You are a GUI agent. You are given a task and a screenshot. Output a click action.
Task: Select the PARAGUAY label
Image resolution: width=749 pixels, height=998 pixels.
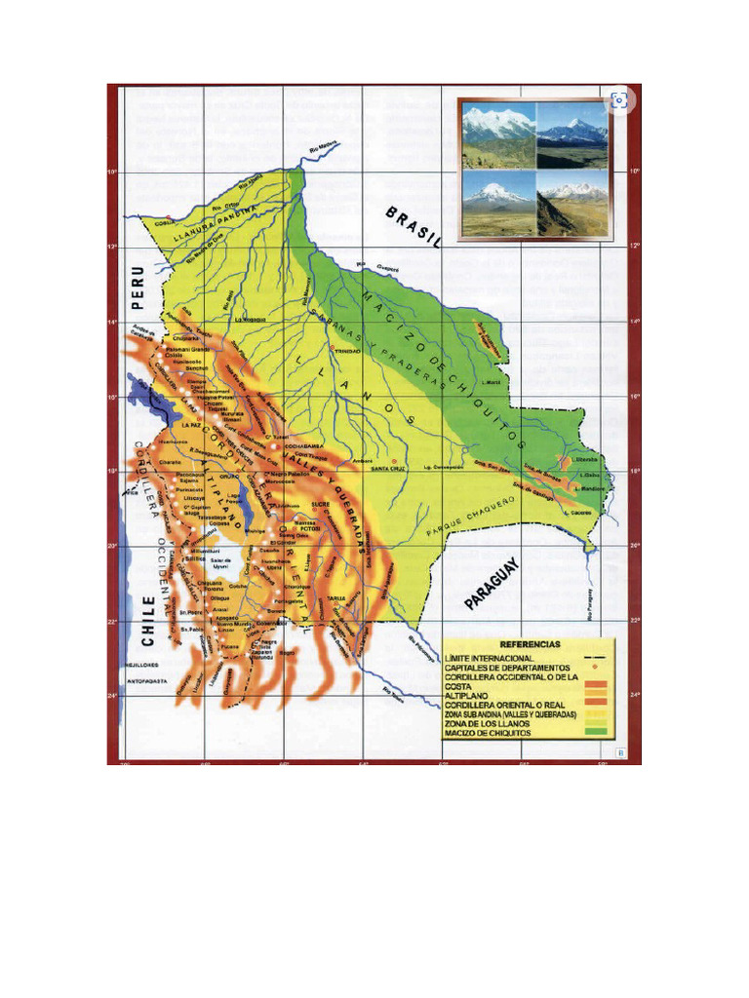(x=493, y=585)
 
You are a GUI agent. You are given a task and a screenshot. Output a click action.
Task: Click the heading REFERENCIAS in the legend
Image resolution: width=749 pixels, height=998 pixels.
(x=530, y=645)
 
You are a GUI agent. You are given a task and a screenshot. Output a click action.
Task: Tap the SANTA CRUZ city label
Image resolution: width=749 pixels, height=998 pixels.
(x=385, y=468)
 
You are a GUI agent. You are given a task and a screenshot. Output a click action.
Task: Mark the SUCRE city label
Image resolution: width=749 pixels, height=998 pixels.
(x=322, y=504)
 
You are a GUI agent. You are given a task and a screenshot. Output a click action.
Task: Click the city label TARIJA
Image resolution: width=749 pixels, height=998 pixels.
(x=336, y=599)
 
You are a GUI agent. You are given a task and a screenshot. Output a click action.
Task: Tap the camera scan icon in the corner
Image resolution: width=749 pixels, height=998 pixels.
(x=618, y=99)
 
